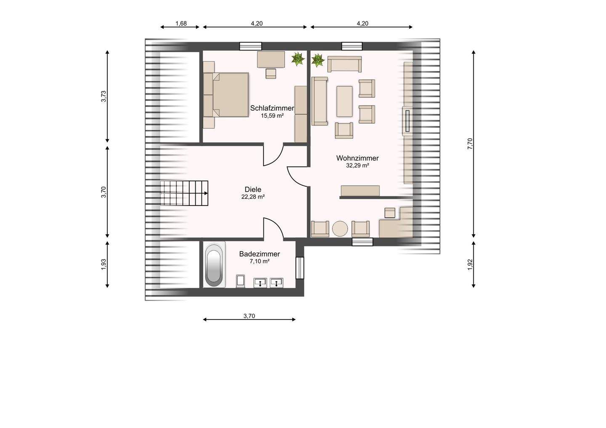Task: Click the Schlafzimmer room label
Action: click(272, 108)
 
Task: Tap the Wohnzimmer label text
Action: click(357, 158)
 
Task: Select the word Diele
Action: click(253, 190)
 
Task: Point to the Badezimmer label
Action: click(259, 254)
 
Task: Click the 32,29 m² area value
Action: click(358, 166)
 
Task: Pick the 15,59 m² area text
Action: click(272, 116)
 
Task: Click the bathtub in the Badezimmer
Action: click(214, 265)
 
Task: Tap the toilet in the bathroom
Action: click(241, 281)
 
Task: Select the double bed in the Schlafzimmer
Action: click(231, 95)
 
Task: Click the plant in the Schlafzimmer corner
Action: click(298, 58)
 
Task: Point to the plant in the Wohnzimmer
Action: click(318, 60)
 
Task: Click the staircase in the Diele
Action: click(184, 193)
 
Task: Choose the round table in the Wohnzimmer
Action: click(340, 229)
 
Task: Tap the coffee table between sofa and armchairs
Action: click(344, 102)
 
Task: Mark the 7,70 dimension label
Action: click(470, 144)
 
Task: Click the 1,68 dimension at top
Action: click(181, 24)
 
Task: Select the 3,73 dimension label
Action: click(104, 96)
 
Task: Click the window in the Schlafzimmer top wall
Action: click(251, 46)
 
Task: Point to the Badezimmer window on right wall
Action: click(300, 268)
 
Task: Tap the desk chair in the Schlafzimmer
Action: click(271, 74)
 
